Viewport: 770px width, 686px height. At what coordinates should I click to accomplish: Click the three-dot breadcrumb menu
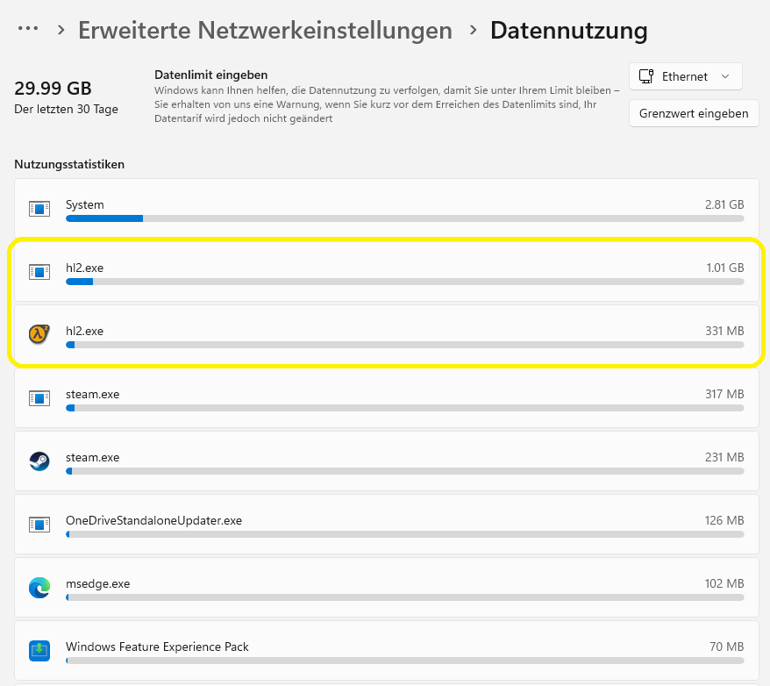tap(28, 29)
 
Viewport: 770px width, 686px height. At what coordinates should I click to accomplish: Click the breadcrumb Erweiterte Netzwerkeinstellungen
tap(265, 31)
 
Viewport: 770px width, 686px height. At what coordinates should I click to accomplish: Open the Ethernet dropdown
tap(685, 76)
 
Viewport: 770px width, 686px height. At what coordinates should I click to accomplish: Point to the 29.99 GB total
tap(53, 89)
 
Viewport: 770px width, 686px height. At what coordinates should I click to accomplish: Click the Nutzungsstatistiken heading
tap(69, 164)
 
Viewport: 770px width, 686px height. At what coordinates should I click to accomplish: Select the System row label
tap(85, 204)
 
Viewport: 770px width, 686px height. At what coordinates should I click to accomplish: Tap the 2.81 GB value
tap(724, 204)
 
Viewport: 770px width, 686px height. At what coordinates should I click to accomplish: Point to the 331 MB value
tap(724, 331)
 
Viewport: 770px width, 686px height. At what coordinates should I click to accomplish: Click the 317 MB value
tap(724, 394)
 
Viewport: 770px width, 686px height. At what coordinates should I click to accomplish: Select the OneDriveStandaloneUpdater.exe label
tap(153, 520)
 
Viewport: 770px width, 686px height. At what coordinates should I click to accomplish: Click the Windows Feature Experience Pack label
tap(157, 647)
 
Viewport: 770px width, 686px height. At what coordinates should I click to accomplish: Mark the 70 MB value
tap(727, 647)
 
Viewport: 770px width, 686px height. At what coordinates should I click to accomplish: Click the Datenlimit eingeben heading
tap(210, 75)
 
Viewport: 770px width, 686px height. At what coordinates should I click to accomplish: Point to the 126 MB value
tap(724, 520)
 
